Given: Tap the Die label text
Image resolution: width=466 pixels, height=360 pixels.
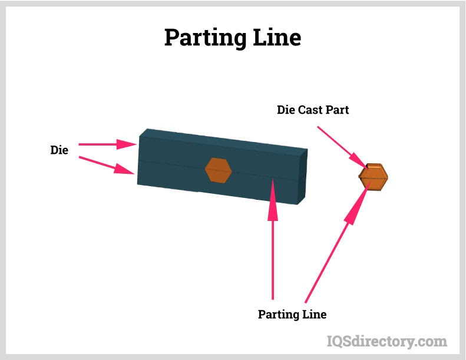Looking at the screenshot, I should tap(59, 150).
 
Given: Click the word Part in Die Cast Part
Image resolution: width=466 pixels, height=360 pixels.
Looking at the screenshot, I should tap(338, 110).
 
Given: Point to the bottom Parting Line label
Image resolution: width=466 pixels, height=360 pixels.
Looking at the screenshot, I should tap(292, 315).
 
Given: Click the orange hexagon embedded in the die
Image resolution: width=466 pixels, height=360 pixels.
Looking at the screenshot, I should tap(218, 170).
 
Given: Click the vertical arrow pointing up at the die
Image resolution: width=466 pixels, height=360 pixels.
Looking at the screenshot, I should tap(272, 247).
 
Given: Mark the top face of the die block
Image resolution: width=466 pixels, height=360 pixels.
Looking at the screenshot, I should tap(224, 139).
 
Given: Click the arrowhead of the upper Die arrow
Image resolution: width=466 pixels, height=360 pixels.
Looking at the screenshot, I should tap(129, 144).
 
